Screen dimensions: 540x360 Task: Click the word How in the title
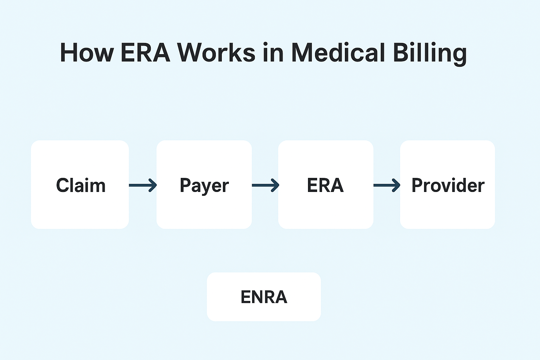(x=87, y=53)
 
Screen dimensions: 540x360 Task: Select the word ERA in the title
(x=145, y=53)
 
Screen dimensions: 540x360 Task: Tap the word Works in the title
(x=216, y=53)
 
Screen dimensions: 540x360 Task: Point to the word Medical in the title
(x=338, y=53)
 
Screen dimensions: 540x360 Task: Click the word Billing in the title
(x=430, y=54)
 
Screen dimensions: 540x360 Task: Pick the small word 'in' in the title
(x=274, y=53)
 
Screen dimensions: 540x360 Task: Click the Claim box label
(x=81, y=185)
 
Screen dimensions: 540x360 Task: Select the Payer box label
(x=204, y=186)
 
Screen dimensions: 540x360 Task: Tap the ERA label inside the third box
(x=326, y=185)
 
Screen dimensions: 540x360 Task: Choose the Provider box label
(x=448, y=185)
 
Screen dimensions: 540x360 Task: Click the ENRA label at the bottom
(x=264, y=297)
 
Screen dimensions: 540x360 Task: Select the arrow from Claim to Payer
(x=143, y=185)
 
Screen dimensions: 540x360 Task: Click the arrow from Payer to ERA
(x=265, y=185)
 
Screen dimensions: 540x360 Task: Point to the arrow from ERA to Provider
(x=387, y=185)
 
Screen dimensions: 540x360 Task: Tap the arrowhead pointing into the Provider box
(x=397, y=185)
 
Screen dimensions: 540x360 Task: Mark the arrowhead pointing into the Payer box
(x=153, y=185)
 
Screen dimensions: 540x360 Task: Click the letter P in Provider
(x=417, y=185)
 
